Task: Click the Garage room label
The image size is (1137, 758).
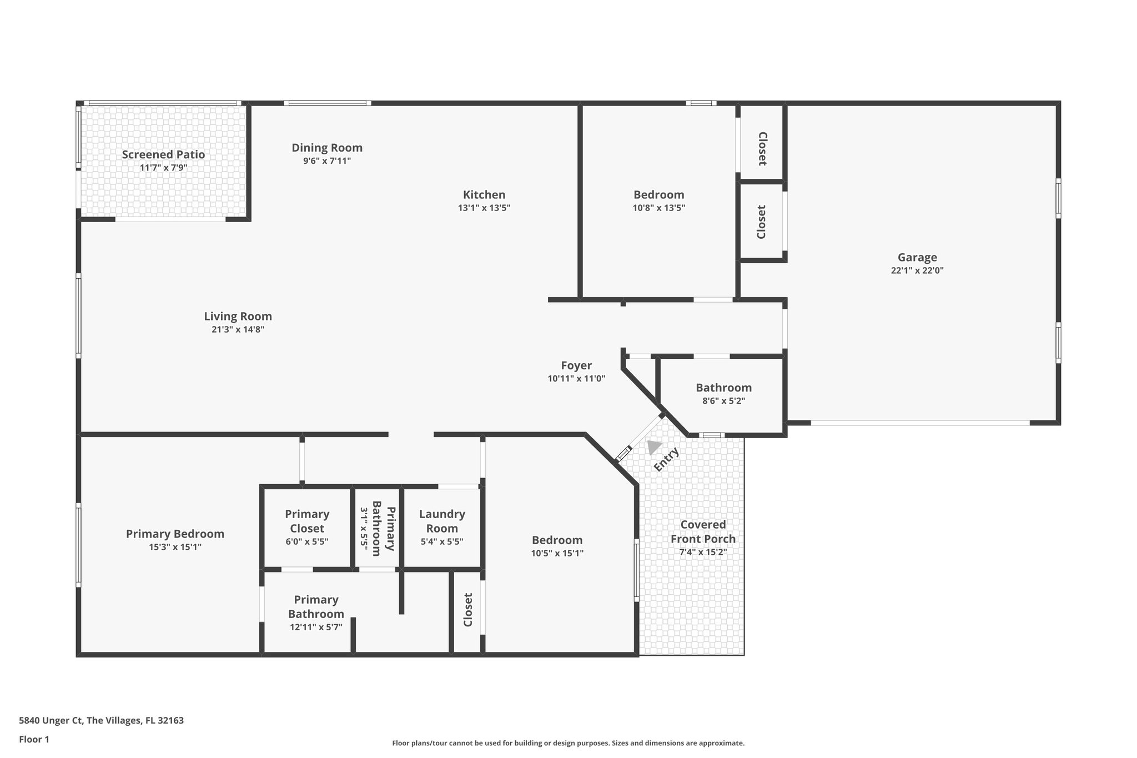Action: (x=917, y=257)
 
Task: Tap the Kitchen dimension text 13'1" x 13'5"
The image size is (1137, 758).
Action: (x=484, y=208)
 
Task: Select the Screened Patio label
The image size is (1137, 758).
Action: (x=163, y=154)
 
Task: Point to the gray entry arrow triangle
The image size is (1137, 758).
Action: (x=653, y=446)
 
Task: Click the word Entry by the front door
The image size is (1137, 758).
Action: (x=666, y=459)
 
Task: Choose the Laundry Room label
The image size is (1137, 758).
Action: (x=442, y=521)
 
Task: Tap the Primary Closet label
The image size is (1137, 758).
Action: (x=307, y=521)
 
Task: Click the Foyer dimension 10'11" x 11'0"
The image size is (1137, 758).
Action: (x=576, y=379)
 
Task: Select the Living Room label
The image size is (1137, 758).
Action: (x=238, y=317)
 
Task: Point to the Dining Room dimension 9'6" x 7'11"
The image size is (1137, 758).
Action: (x=327, y=161)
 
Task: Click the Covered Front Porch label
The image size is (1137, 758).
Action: (x=703, y=531)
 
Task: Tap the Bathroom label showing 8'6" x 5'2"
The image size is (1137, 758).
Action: (x=723, y=388)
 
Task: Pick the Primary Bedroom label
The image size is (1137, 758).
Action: (x=175, y=534)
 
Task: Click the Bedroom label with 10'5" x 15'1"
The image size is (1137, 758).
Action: (x=557, y=540)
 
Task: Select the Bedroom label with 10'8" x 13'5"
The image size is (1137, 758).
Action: (x=658, y=195)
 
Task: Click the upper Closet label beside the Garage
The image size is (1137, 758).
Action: (x=762, y=148)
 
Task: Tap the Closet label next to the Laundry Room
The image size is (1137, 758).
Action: (x=468, y=610)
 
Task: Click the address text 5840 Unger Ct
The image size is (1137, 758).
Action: (x=52, y=721)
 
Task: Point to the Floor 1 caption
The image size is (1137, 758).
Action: (x=34, y=740)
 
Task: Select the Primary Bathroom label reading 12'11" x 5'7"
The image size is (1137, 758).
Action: (x=316, y=606)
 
